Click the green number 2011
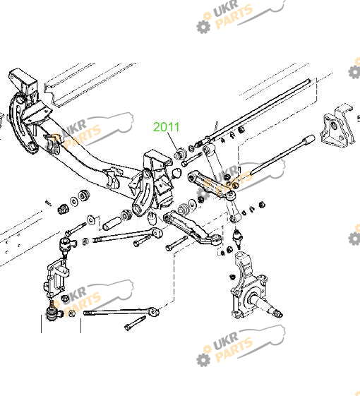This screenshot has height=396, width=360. coord(167,127)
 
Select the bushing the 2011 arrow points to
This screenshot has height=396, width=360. coord(180,153)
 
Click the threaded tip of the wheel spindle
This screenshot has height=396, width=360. coord(279,314)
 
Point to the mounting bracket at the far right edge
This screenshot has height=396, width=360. coord(336,128)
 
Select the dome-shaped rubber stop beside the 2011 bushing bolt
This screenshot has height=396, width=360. coord(176,173)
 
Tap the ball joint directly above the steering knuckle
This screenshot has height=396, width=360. coord(237,237)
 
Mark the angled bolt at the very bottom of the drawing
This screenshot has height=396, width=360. coord(136,323)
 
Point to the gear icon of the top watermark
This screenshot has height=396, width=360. coord(203,26)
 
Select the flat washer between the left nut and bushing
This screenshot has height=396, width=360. coord(74,201)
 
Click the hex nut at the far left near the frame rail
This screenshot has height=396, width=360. coord(62,208)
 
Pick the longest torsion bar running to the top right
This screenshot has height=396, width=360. coord(255,110)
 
